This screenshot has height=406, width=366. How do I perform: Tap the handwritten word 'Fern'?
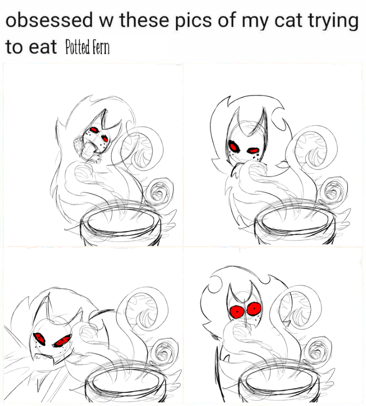tap(101, 48)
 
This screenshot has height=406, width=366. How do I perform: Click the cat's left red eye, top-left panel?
tap(93, 129)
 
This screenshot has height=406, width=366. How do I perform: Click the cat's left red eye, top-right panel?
tap(234, 147)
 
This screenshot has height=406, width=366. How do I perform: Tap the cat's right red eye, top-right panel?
tap(253, 150)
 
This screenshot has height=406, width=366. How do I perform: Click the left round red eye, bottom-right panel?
tap(236, 311)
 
